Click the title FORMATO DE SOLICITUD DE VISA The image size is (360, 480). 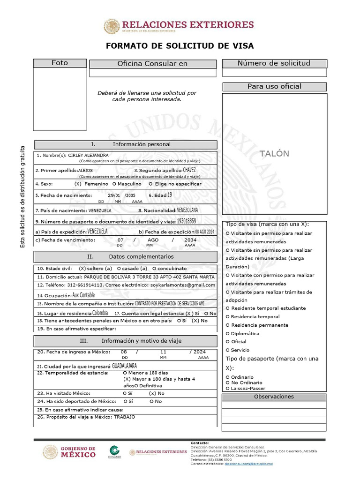180,46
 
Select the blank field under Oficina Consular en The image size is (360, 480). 153,73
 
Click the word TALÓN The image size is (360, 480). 275,154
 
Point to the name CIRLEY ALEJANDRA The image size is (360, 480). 89,155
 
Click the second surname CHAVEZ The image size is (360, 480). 189,170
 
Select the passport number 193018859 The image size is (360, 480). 186,221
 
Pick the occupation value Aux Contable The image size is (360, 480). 83,295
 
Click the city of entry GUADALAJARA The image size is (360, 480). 125,365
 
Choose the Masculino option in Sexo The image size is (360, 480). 127,184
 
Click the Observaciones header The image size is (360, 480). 274,397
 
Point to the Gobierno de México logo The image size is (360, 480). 69,452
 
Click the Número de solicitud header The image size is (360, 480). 274,63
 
